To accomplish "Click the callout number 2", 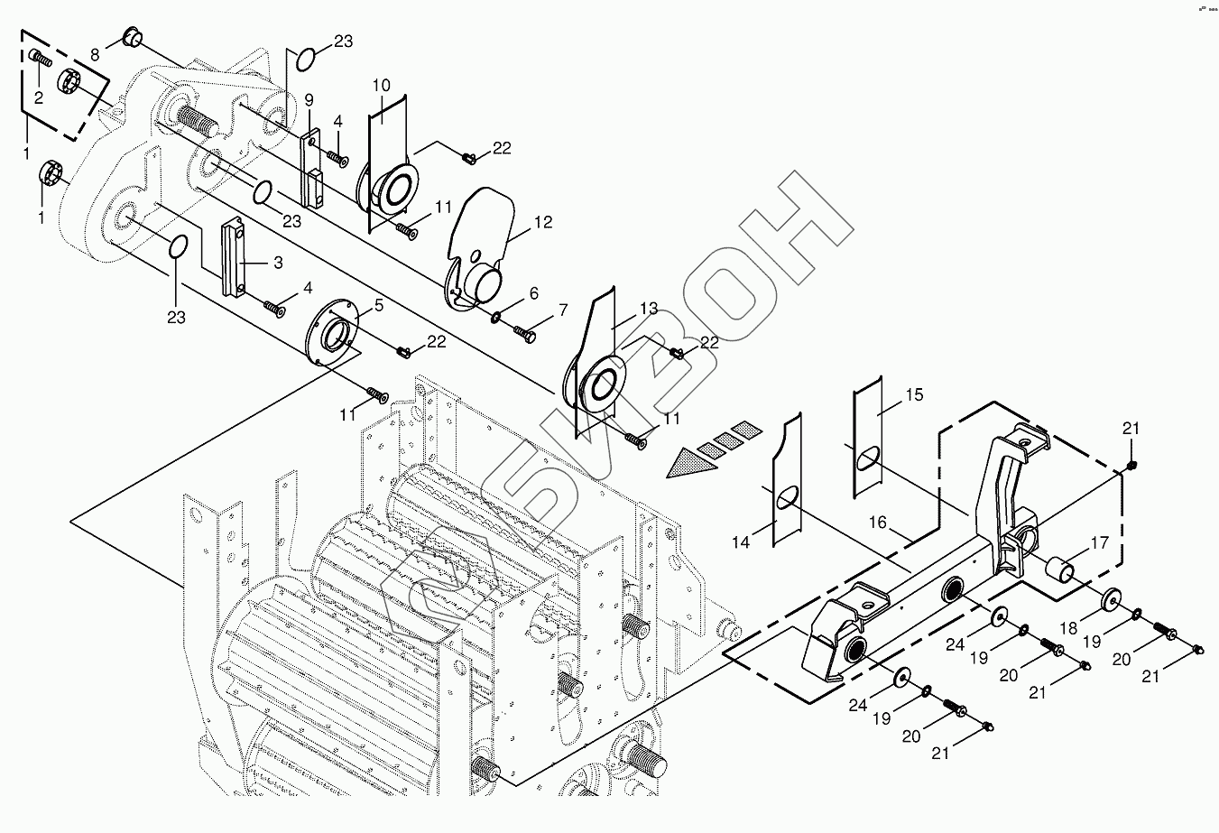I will point(39,97).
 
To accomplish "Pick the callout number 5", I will point(378,305).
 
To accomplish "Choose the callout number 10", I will point(381,86).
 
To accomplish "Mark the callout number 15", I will point(914,394).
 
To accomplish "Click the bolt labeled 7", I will point(524,332).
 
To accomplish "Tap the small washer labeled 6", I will point(498,317).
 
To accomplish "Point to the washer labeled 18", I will point(1110,599).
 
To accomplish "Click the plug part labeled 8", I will point(132,39).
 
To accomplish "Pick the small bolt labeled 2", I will point(39,59).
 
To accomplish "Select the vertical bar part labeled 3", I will point(234,257).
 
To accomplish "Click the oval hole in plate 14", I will point(787,498).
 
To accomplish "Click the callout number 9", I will point(308,98).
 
